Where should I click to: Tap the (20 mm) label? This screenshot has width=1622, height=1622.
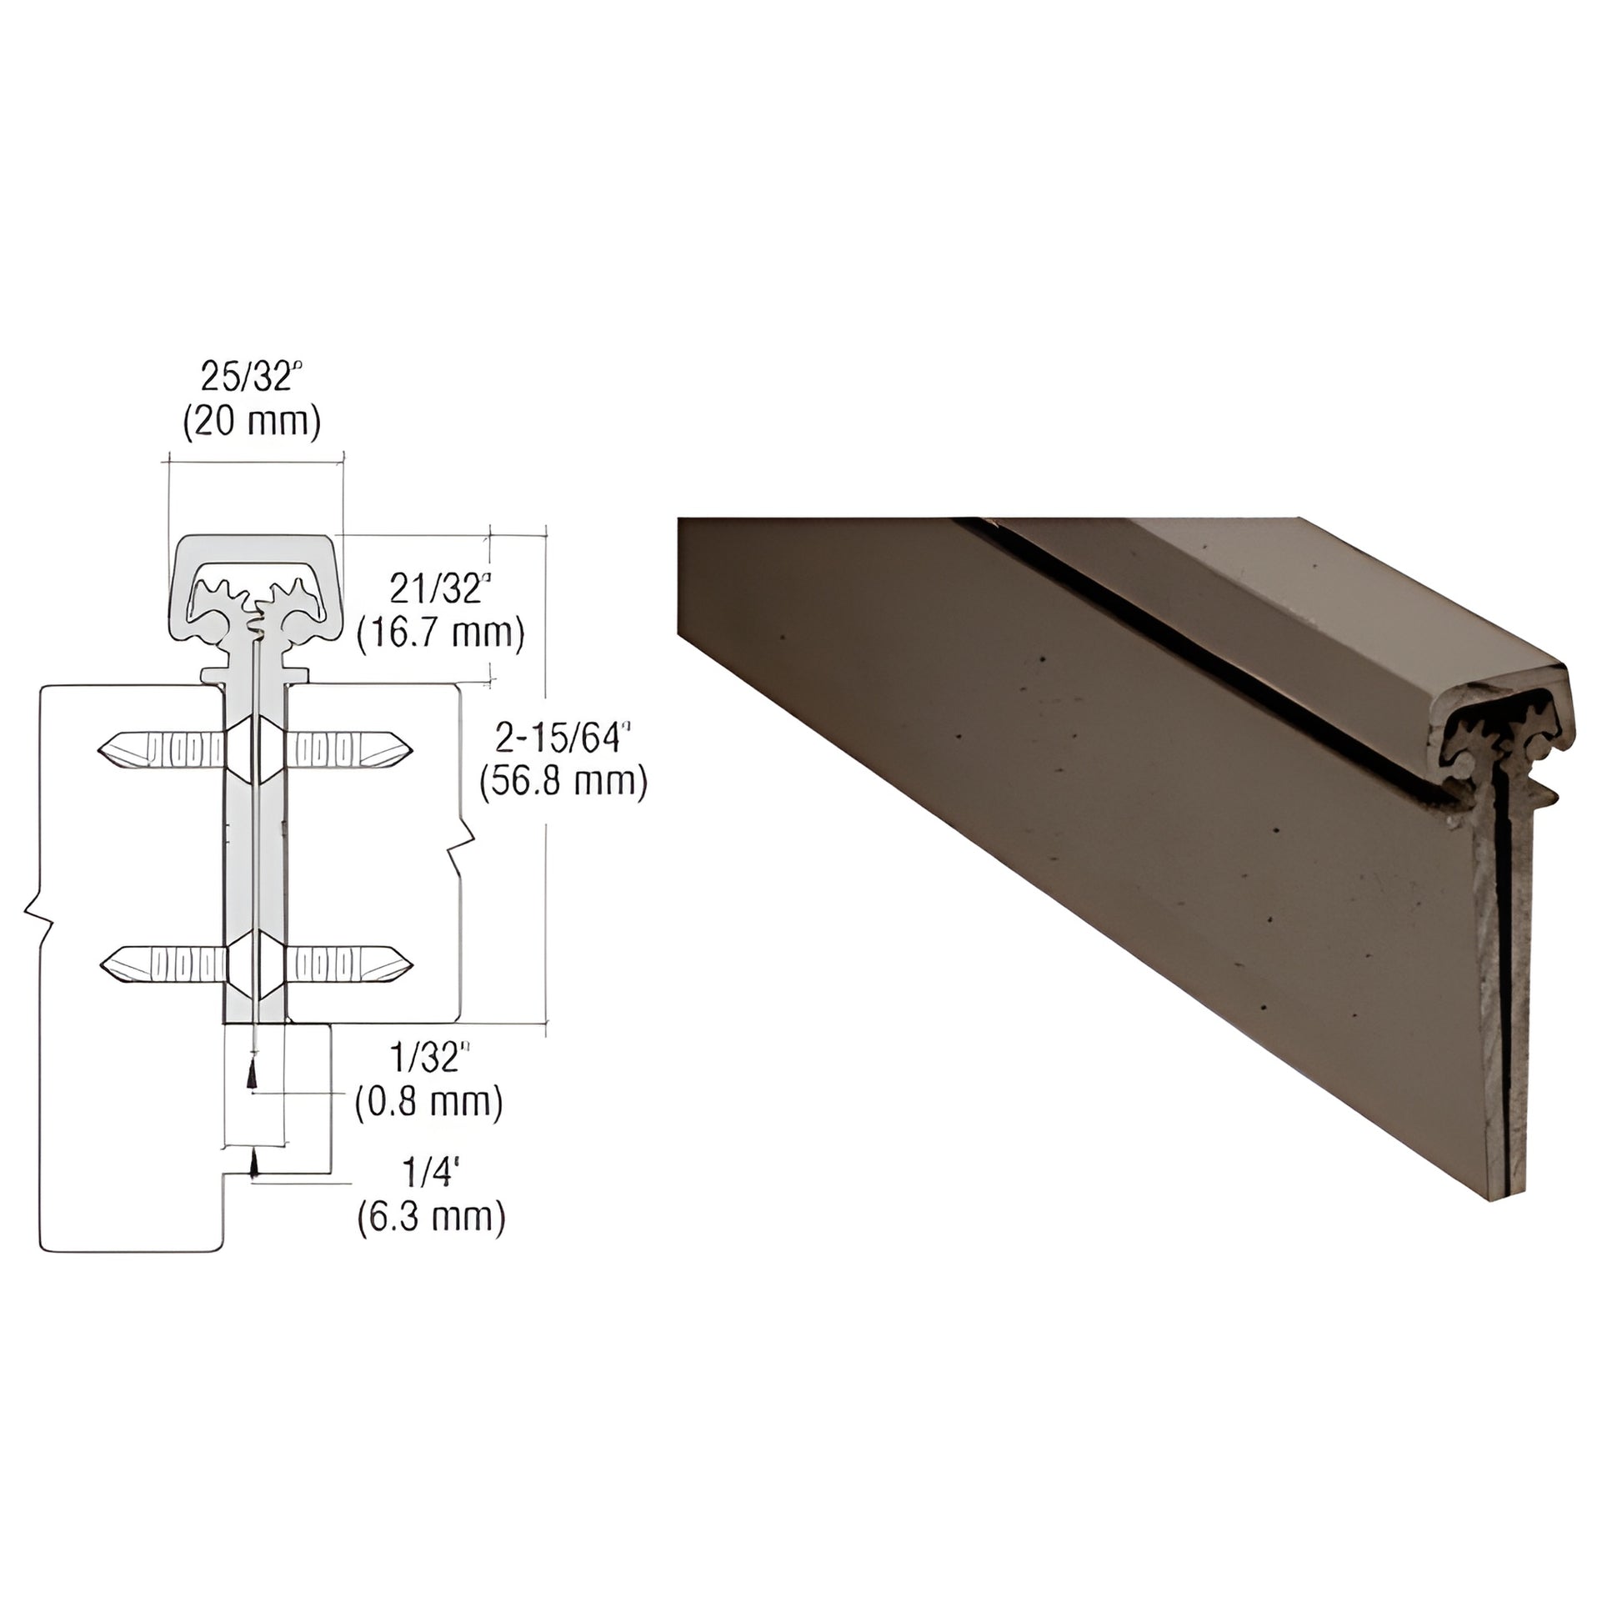pyautogui.click(x=252, y=422)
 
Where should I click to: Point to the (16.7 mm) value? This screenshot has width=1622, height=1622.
pyautogui.click(x=441, y=633)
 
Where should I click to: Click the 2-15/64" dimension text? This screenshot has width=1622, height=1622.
pyautogui.click(x=563, y=738)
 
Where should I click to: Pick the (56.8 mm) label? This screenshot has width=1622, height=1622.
pyautogui.click(x=563, y=783)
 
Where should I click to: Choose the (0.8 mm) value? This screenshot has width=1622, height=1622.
pyautogui.click(x=429, y=1102)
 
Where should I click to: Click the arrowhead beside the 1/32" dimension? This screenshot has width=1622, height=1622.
pyautogui.click(x=250, y=1076)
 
